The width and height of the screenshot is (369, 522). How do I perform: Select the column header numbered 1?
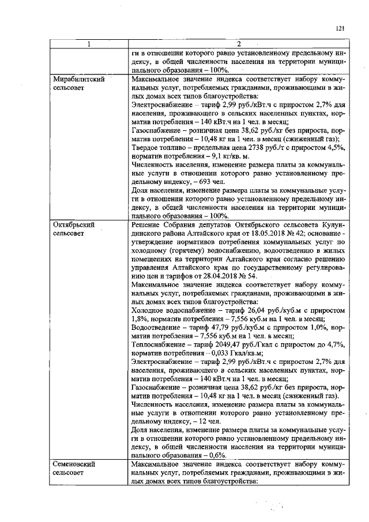89,43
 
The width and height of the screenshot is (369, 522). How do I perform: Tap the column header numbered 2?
239,43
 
